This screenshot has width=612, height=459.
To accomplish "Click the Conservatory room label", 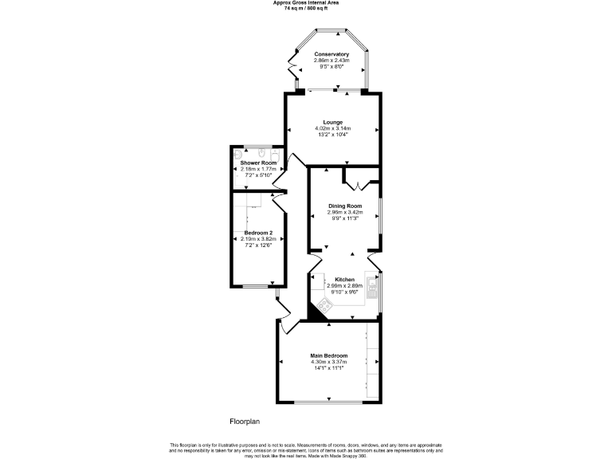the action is [331, 54].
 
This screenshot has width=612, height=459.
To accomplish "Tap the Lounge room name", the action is [333, 122].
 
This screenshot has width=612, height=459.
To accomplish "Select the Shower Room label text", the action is [258, 163].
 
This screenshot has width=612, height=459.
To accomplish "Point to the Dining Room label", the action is [344, 206].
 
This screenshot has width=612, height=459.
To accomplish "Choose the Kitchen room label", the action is [344, 280].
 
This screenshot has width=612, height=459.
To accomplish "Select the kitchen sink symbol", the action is [371, 285].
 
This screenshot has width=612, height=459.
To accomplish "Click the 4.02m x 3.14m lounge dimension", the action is [333, 128].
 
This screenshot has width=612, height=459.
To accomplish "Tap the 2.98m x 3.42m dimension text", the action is [344, 212].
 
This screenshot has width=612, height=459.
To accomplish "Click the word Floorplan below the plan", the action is [245, 421].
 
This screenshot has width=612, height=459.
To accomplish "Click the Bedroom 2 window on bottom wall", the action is [255, 286].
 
